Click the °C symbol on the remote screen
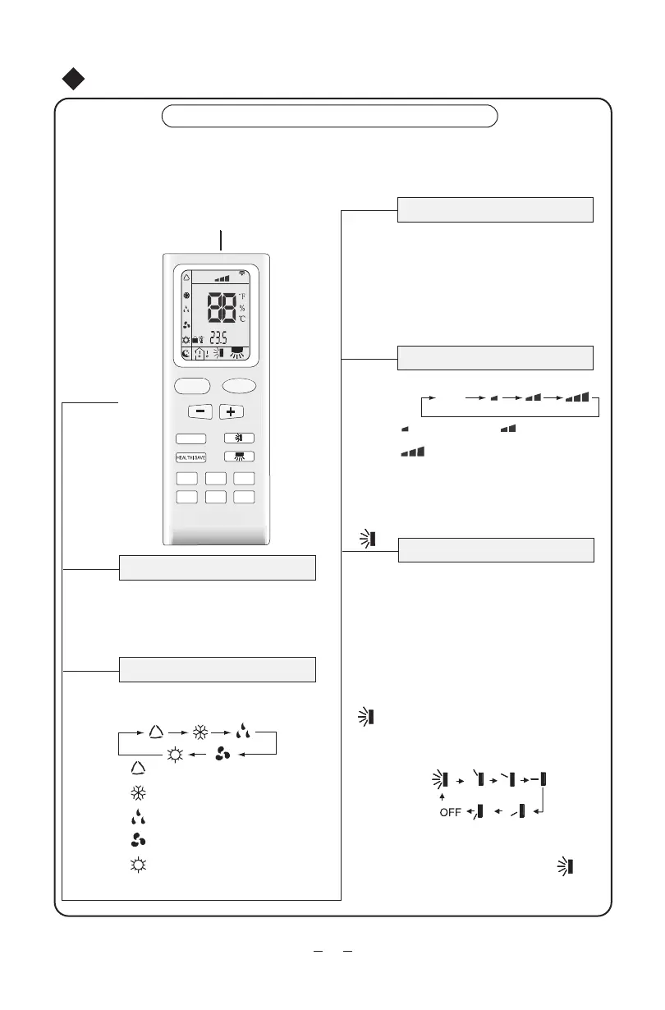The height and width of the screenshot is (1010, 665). click(242, 319)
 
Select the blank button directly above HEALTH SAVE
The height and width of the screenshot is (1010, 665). click(190, 438)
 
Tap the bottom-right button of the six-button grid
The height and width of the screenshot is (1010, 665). click(244, 496)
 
